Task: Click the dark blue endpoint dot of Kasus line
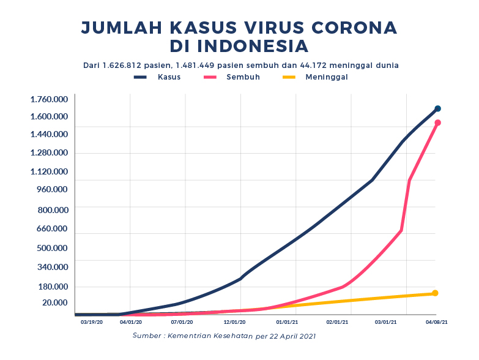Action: tap(437, 108)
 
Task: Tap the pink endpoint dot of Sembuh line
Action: tap(437, 122)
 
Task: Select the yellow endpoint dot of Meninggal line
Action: tap(435, 293)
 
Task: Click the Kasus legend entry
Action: tap(158, 77)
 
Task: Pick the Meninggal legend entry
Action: tap(315, 77)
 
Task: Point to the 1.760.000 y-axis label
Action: tap(49, 99)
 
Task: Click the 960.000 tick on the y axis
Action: tap(52, 189)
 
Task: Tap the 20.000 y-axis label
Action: tap(54, 302)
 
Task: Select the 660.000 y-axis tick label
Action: tap(52, 229)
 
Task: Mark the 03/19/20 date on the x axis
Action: tap(92, 321)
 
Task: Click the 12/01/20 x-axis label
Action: tap(235, 321)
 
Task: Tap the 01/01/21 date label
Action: tap(287, 321)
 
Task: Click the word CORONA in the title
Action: tap(352, 28)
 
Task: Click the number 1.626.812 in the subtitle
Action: tap(125, 65)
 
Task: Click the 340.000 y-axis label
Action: tap(52, 267)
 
